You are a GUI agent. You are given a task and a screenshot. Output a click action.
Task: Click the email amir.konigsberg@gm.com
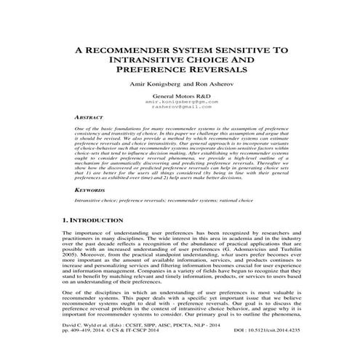pos(181,103)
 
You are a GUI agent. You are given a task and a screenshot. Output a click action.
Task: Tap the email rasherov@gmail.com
pos(181,108)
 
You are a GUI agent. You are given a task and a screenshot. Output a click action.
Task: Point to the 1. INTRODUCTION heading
pos(100,218)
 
